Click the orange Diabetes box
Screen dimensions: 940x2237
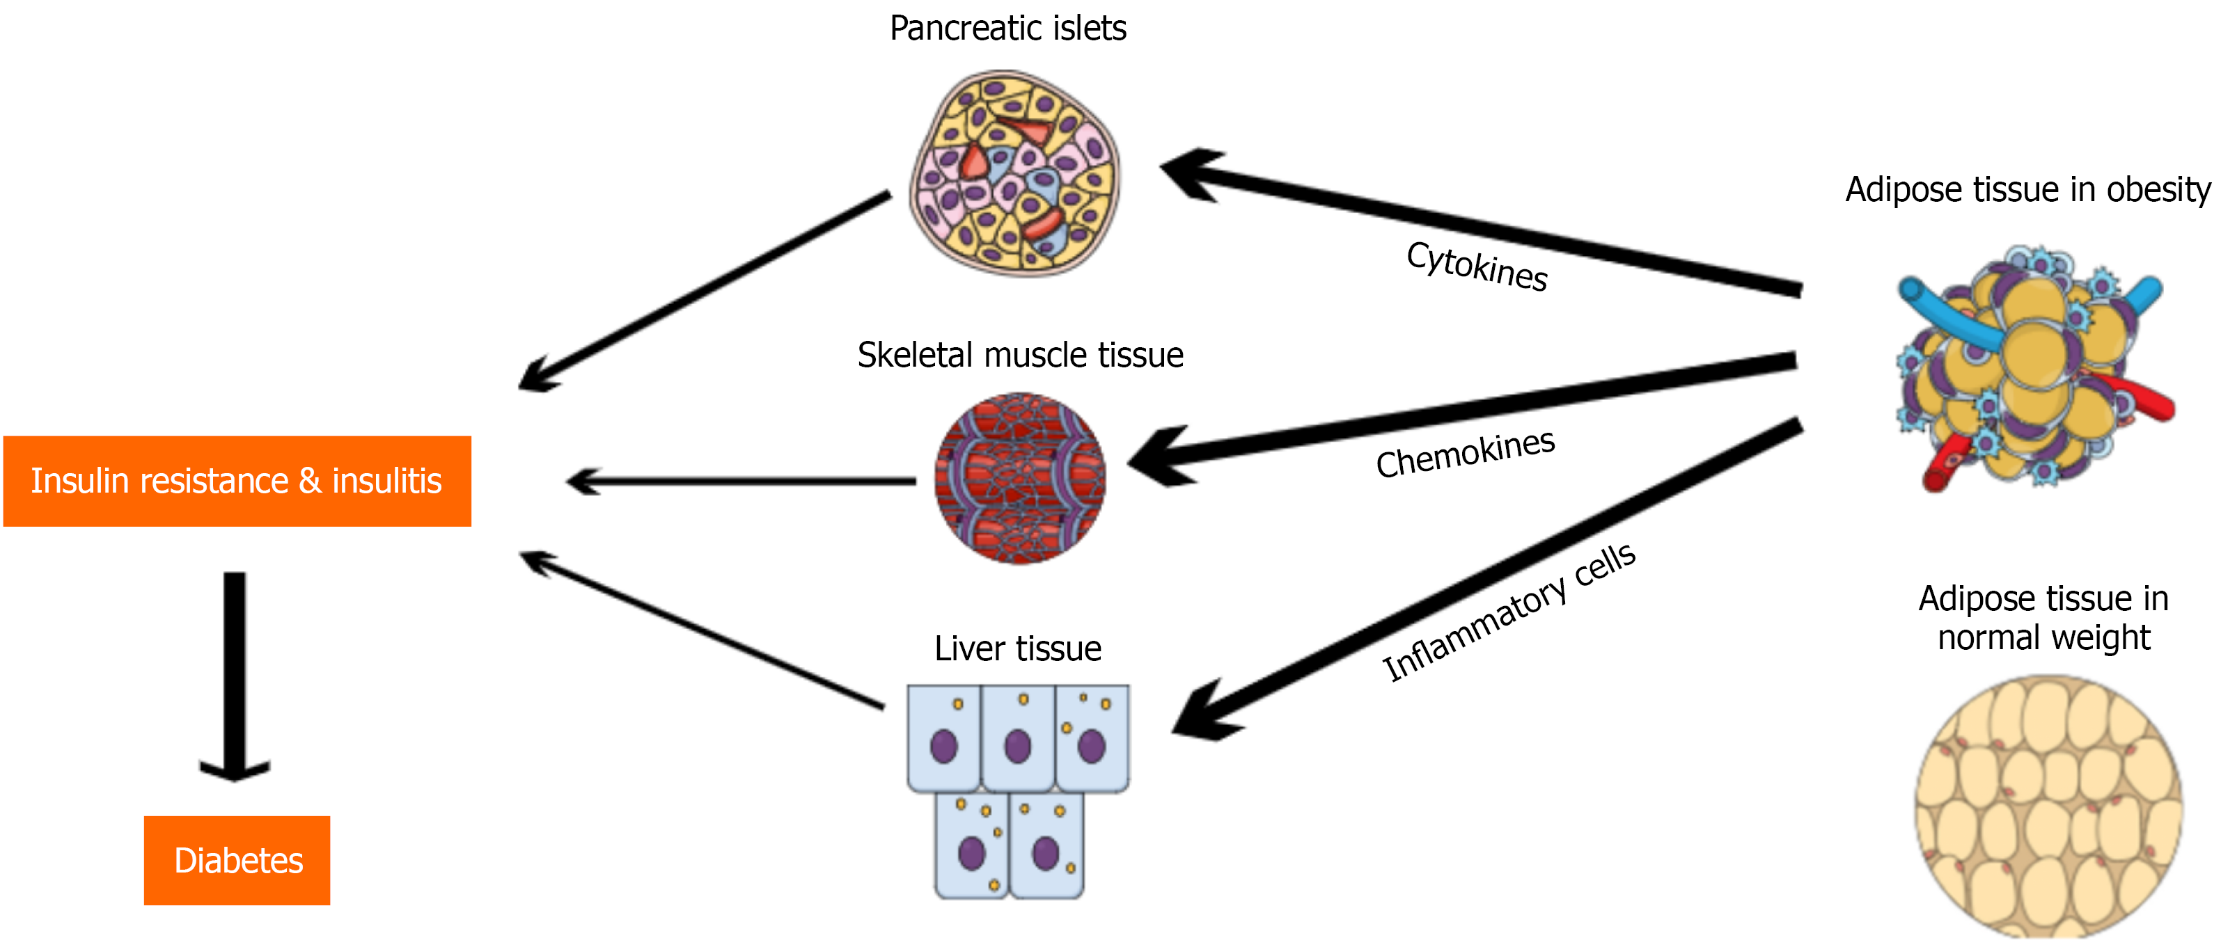coord(237,860)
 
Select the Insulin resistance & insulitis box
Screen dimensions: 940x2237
coord(237,481)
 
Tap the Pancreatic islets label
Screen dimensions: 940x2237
coord(1007,29)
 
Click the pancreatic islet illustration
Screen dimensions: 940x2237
coord(1014,173)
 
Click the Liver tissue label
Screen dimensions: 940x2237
coord(1018,648)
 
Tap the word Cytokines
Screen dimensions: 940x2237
coord(1476,266)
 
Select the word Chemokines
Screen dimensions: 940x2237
coord(1465,453)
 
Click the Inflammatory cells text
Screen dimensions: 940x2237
coord(1509,612)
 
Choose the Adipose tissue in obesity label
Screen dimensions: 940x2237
coord(2027,189)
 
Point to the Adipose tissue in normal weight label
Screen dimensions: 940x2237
coord(2043,618)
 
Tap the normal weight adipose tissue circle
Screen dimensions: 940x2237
coord(2048,807)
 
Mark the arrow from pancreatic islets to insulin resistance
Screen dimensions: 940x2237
coord(703,291)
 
